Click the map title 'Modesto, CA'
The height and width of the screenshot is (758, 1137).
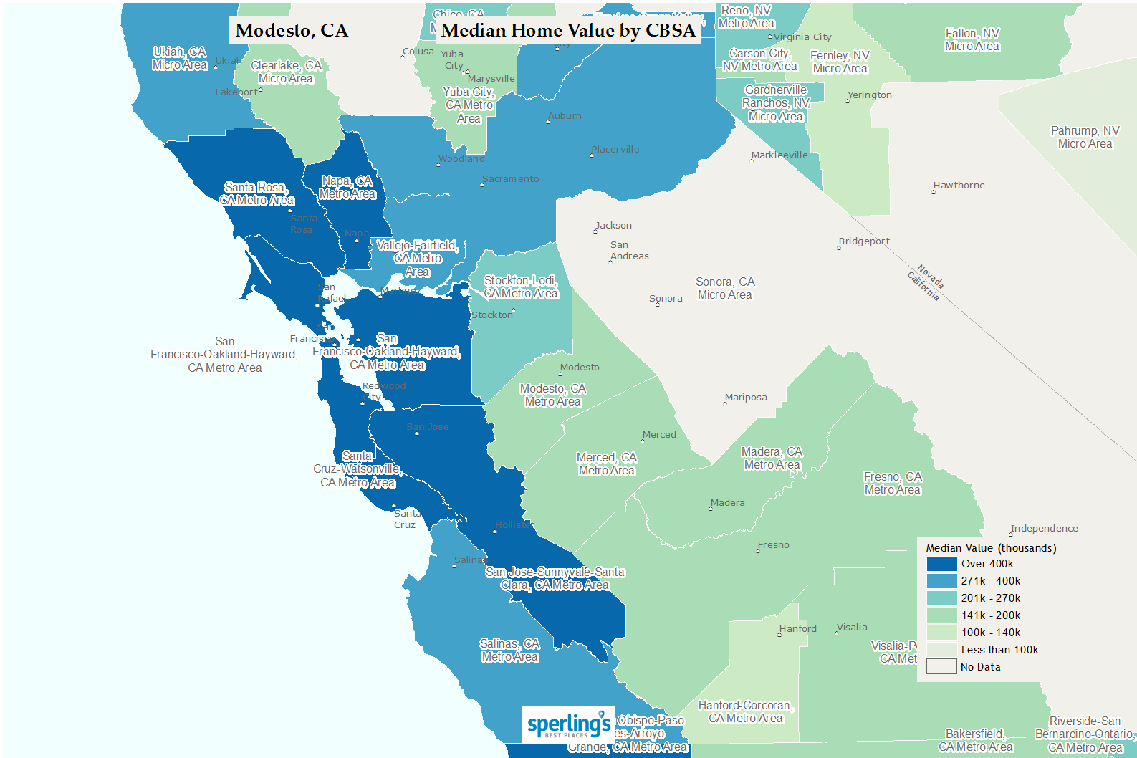point(292,31)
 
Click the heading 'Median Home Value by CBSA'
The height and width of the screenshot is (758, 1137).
point(568,31)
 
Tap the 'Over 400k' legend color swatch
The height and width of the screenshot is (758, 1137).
point(941,564)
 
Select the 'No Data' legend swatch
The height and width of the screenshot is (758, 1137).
point(941,667)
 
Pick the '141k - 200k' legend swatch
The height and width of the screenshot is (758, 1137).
point(941,615)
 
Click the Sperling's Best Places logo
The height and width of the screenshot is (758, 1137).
point(568,724)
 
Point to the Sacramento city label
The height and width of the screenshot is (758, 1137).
point(510,179)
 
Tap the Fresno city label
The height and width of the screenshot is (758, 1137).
point(773,545)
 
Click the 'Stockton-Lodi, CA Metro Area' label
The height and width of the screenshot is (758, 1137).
point(521,287)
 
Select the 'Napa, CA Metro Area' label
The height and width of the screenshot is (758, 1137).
point(347,188)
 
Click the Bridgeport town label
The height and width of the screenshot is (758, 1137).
point(864,241)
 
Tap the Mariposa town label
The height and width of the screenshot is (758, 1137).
point(746,398)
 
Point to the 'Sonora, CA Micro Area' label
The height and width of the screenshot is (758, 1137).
point(725,289)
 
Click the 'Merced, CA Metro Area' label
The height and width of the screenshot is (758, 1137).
point(607,464)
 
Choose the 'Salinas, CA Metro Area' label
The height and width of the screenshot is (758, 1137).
point(510,650)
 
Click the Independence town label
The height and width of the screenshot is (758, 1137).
point(1044,529)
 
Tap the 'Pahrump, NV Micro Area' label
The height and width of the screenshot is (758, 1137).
point(1085,137)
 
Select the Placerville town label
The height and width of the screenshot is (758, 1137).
point(615,150)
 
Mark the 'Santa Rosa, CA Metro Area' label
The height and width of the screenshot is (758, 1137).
point(256,194)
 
